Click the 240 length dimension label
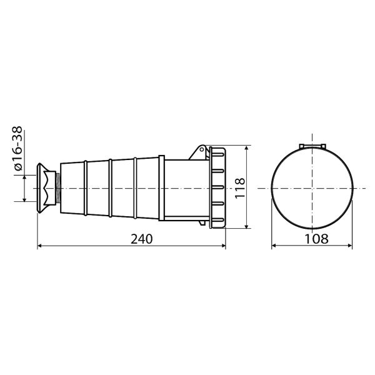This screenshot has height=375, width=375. (x=142, y=239)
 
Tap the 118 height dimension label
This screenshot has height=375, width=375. (x=240, y=188)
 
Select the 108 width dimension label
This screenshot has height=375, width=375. (x=316, y=239)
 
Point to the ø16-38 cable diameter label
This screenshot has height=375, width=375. (x=18, y=149)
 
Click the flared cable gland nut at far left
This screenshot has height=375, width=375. (x=46, y=188)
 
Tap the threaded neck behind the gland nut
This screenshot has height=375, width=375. (x=58, y=188)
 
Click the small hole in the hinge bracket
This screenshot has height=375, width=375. (x=202, y=149)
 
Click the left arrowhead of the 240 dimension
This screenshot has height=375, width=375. (x=40, y=246)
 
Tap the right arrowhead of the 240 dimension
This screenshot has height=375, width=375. (x=223, y=246)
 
